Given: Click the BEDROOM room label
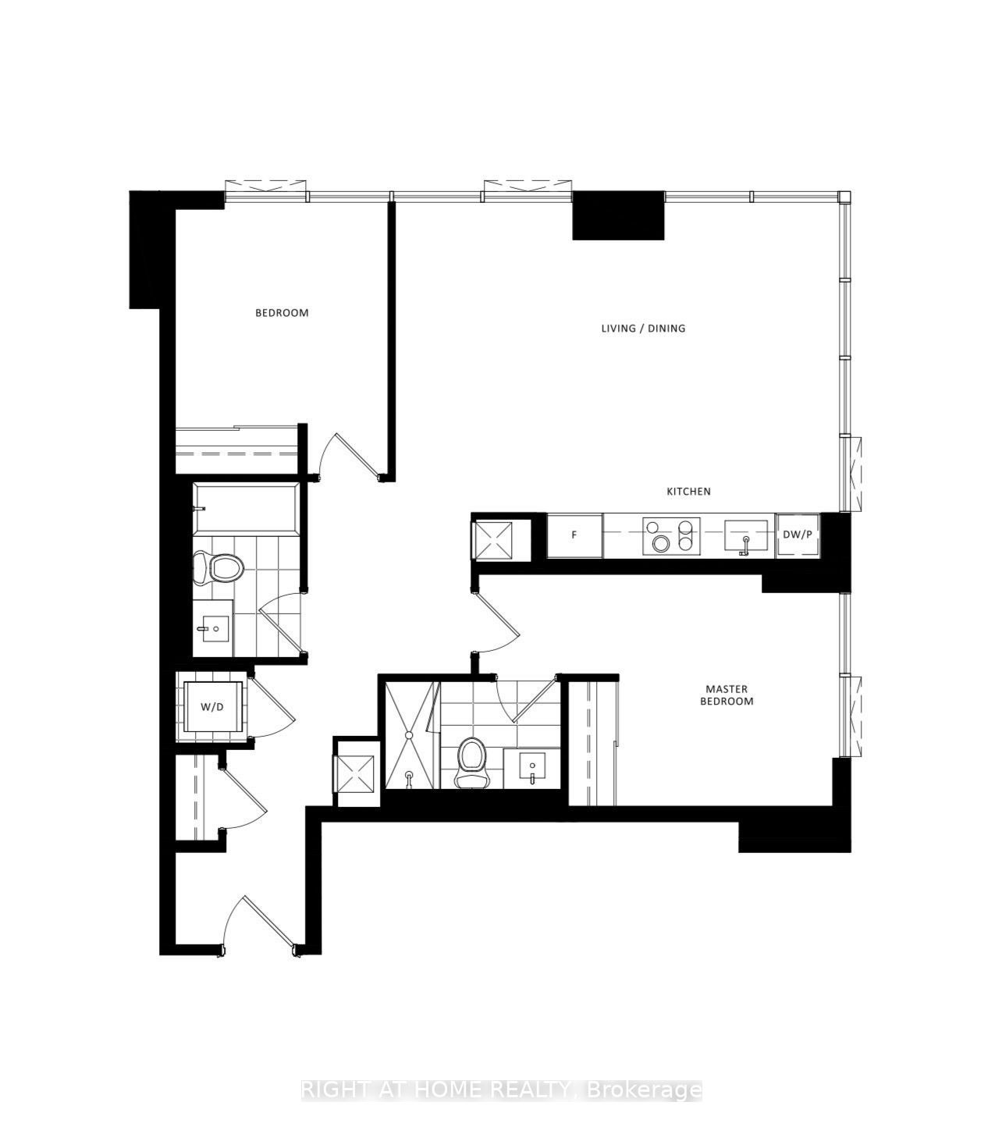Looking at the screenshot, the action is click(282, 312).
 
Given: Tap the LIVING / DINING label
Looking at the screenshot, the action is click(643, 328).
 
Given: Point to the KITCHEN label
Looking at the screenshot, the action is click(688, 491).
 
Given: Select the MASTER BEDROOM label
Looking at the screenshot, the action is click(727, 695).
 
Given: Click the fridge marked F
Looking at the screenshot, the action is click(574, 535).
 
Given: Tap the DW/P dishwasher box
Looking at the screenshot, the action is click(797, 535).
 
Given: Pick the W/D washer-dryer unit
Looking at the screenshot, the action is click(211, 706).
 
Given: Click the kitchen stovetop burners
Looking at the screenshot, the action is click(671, 535).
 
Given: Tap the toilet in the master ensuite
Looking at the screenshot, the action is click(471, 763).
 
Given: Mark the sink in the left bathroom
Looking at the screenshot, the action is click(213, 628).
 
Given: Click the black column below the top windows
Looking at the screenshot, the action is click(618, 215).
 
